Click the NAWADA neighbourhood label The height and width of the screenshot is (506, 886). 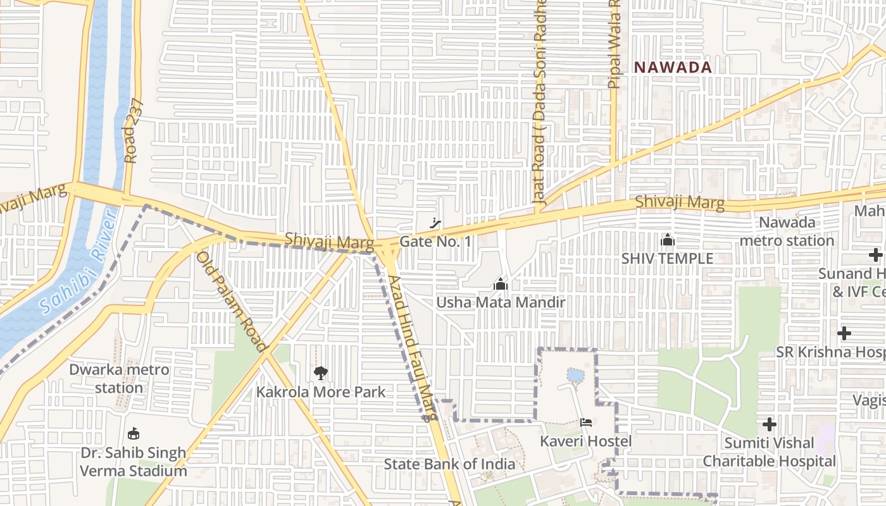pos(673,67)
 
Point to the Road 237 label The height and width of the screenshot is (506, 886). pos(131,132)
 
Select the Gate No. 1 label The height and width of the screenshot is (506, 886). pos(435,242)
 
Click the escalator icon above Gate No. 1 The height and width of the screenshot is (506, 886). pos(435,223)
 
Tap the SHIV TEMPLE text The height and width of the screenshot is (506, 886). pos(667,258)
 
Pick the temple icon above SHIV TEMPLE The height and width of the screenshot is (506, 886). pos(667,240)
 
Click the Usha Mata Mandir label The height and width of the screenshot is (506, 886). pos(500,302)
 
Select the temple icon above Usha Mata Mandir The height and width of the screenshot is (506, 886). pos(501,284)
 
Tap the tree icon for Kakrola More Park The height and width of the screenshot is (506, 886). pos(321,373)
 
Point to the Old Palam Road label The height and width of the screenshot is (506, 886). pos(231,300)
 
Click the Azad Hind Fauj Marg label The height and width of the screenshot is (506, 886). pos(413,348)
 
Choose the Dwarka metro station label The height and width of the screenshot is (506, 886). pos(119,378)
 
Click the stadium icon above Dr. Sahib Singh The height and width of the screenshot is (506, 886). pos(133,434)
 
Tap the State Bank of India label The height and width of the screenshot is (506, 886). pos(449,464)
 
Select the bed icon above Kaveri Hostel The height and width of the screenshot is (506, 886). pos(585,422)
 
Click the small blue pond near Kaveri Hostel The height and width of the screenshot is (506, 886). pos(575,375)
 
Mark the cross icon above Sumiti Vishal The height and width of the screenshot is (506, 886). pos(769,424)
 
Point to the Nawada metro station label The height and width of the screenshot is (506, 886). pos(787,231)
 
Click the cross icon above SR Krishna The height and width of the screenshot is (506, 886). pos(844,333)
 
